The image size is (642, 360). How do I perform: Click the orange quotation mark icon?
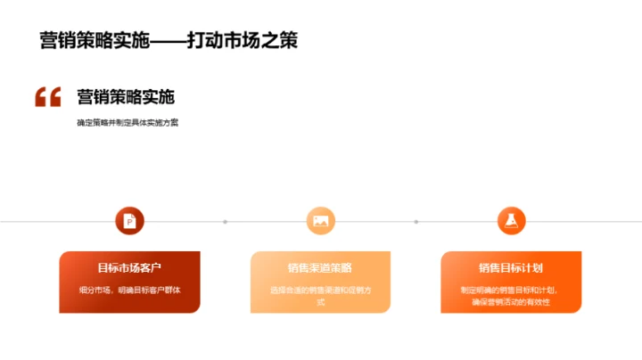point(48,97)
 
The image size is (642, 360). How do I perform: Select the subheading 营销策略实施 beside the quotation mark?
point(126,97)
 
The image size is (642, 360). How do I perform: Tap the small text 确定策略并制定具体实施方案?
point(128,123)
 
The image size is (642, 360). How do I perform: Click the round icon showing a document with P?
point(129,220)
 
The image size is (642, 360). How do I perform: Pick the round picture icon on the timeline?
point(320,220)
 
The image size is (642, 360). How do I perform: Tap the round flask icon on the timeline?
point(511,220)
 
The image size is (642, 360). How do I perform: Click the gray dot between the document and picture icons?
point(225,221)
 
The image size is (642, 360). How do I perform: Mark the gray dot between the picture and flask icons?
point(416,221)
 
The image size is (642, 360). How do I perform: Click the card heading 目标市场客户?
point(129,267)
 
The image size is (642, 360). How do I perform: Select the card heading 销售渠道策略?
point(320,267)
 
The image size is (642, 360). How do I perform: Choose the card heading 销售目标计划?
point(511,267)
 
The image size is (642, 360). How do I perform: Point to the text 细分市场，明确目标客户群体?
point(129,289)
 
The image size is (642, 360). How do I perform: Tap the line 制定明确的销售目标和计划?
point(511,290)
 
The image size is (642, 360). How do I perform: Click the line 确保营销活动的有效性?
point(511,302)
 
